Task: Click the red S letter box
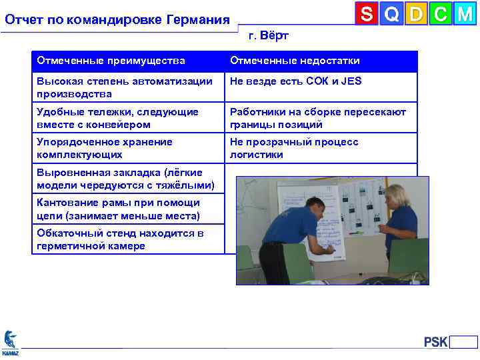click(367, 14)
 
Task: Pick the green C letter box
click(441, 14)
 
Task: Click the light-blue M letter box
click(465, 14)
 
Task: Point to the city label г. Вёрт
click(268, 35)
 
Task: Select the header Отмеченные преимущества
click(111, 61)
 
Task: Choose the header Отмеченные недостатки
click(295, 61)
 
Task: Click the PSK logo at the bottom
click(436, 343)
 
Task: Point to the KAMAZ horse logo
click(10, 342)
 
